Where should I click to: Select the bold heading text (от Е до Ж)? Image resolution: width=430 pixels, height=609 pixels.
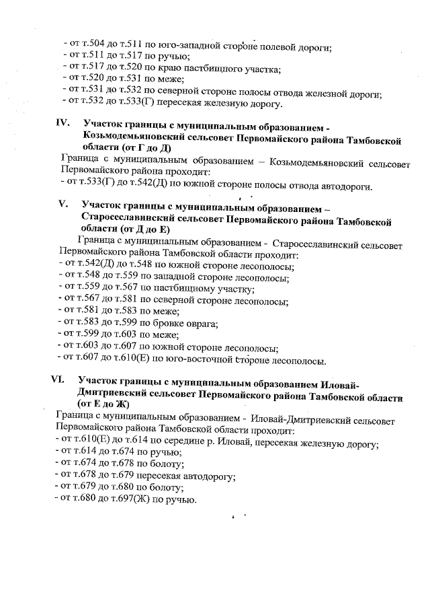pyautogui.click(x=103, y=404)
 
